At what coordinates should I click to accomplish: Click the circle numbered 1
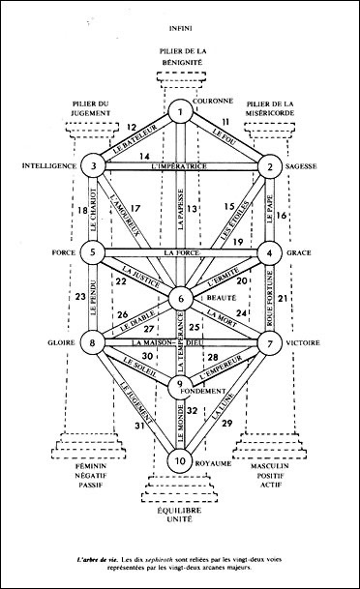pos(179,113)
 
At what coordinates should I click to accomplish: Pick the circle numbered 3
pos(93,166)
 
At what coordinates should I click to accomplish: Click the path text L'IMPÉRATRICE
pos(180,166)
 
